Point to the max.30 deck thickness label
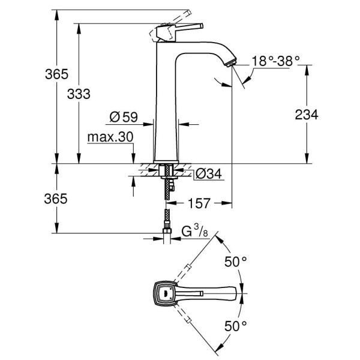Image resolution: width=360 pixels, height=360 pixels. [x=110, y=137]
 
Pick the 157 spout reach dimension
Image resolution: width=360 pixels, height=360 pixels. [x=197, y=204]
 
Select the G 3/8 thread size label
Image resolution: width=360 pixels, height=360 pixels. [x=195, y=230]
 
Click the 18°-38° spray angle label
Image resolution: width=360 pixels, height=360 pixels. [x=275, y=61]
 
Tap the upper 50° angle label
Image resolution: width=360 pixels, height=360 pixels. [x=236, y=262]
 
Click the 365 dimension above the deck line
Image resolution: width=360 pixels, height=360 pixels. [x=57, y=75]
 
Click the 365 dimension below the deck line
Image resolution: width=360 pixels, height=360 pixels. [x=57, y=199]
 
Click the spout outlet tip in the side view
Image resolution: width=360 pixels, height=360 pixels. [x=230, y=62]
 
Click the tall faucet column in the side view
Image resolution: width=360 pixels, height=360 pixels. [x=166, y=108]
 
